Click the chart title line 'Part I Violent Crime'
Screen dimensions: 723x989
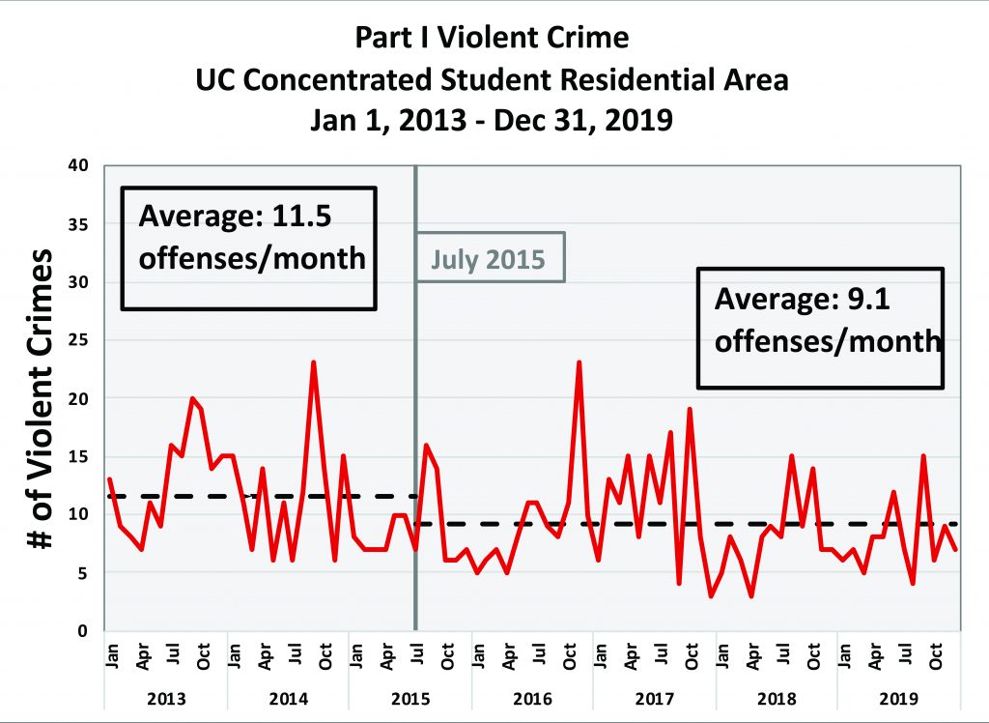click(x=493, y=38)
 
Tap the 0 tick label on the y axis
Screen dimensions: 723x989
click(x=84, y=631)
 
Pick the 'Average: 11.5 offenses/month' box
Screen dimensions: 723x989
click(x=246, y=247)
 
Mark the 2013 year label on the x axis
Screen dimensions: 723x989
click(x=167, y=697)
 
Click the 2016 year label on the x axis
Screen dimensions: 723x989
click(x=532, y=697)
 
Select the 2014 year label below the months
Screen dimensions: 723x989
click(x=289, y=697)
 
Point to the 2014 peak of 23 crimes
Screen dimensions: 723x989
click(x=314, y=363)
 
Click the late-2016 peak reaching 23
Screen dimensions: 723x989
click(x=579, y=363)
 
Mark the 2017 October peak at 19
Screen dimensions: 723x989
click(x=691, y=410)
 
